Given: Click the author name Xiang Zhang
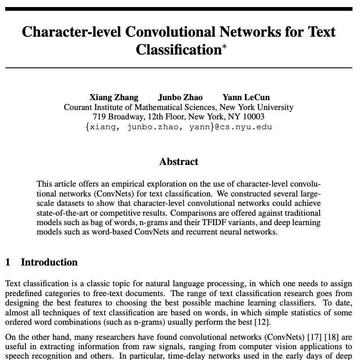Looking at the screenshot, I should click(114, 97).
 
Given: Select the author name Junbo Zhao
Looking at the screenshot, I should click(180, 97).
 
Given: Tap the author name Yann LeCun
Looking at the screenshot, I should click(246, 97).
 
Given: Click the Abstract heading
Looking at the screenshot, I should click(179, 162).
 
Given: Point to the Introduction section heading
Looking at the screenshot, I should click(49, 262).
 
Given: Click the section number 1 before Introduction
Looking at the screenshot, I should click(8, 262).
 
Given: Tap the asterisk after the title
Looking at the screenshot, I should click(224, 47).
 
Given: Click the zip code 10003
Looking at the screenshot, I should click(253, 117).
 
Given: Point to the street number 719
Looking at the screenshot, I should click(99, 117).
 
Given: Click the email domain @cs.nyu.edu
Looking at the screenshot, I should click(244, 127).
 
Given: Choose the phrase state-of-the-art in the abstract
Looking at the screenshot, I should click(60, 212).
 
